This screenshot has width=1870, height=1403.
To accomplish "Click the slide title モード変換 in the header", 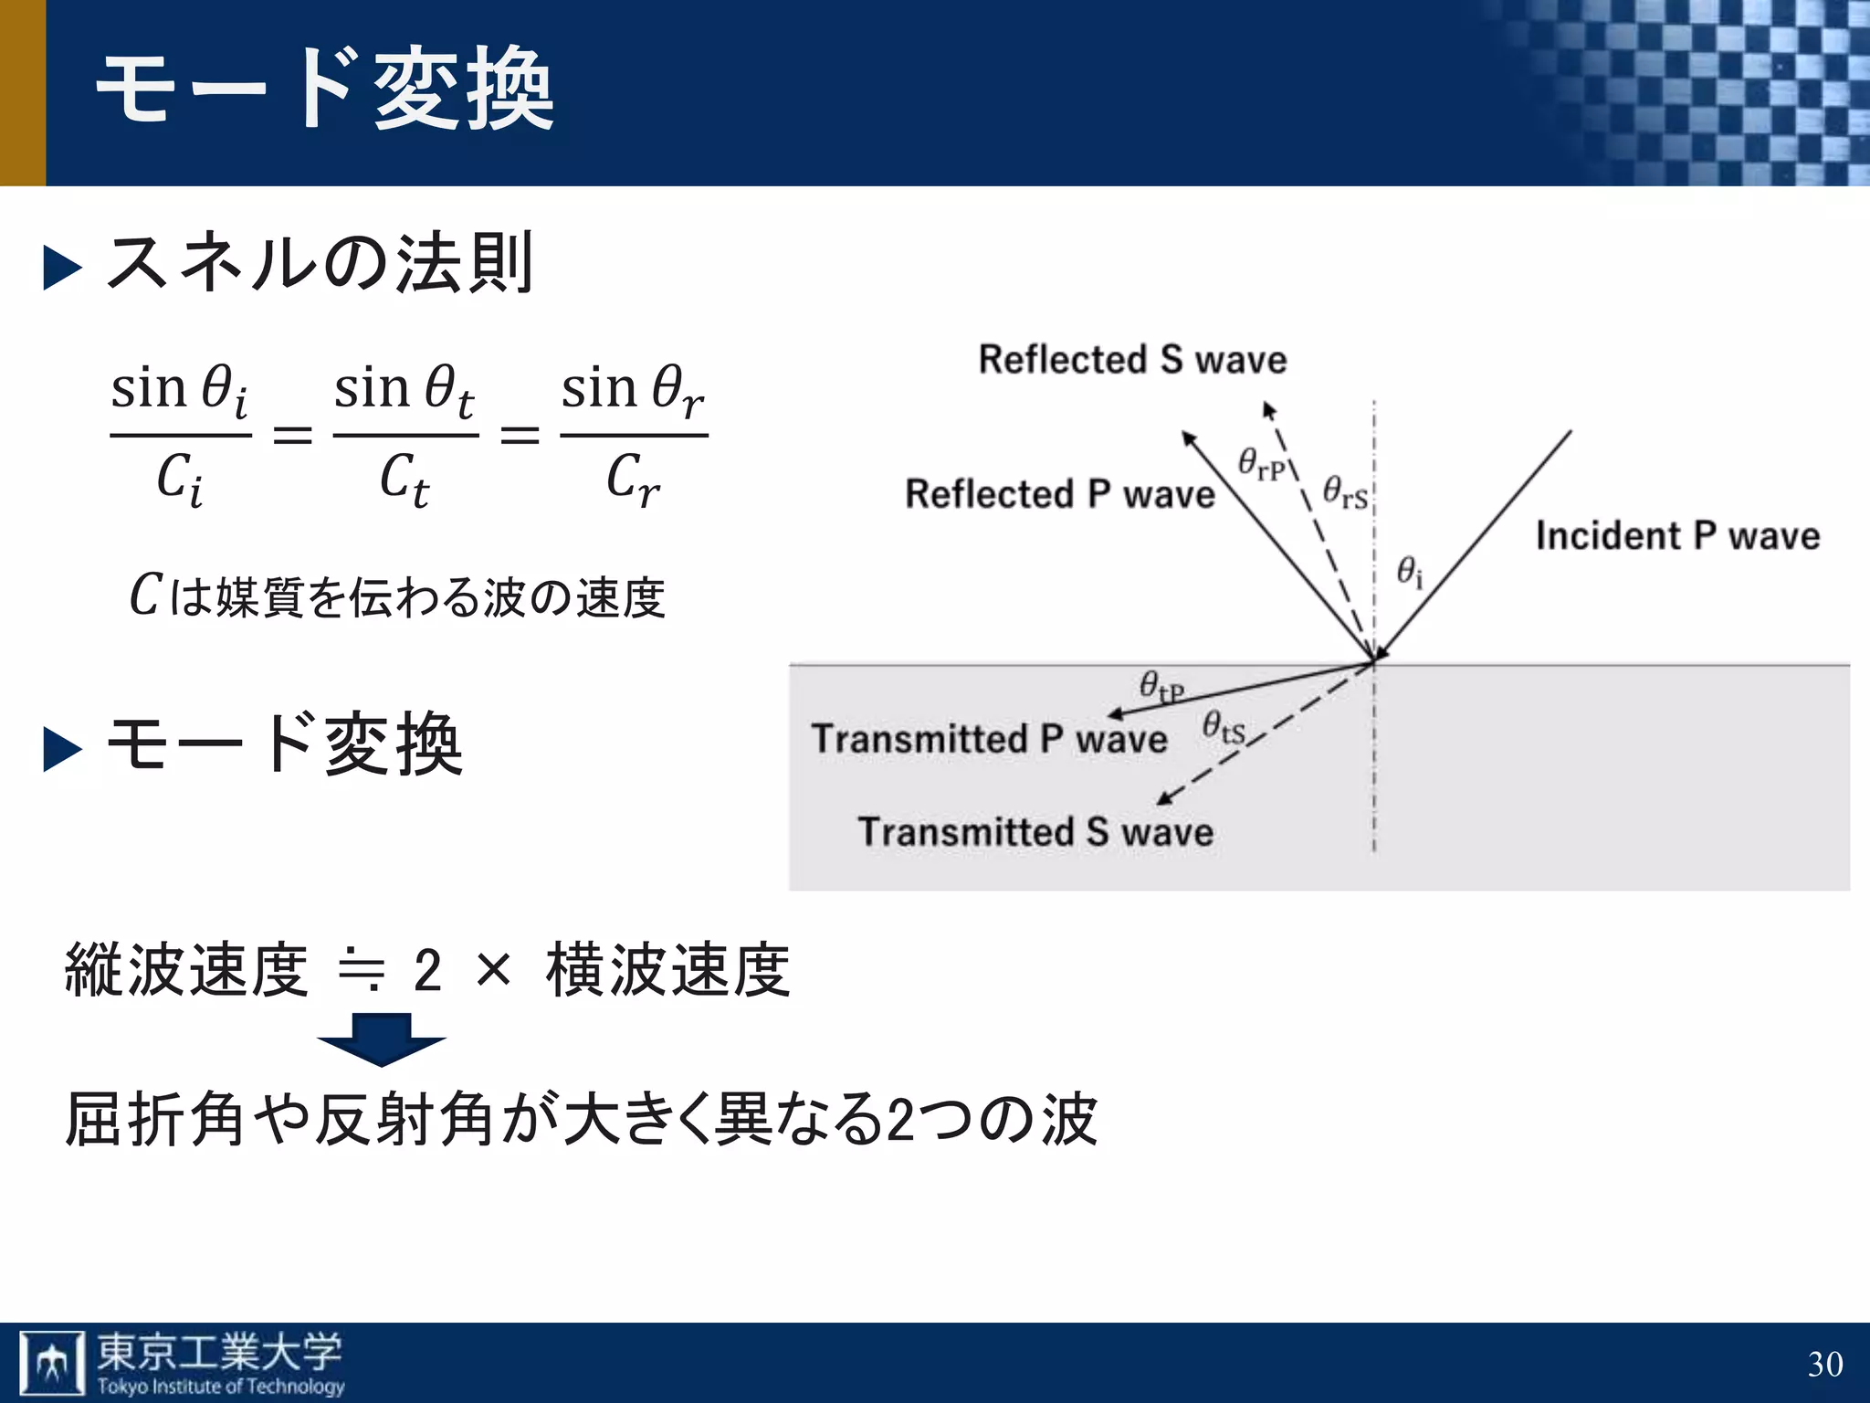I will coord(325,89).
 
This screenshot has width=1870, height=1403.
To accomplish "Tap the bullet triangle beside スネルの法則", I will coord(62,269).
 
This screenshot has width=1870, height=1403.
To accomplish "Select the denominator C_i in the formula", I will coord(179,478).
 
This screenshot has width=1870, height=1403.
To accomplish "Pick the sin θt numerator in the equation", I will coord(404,390).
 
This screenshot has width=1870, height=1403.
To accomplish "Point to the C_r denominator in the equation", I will coord(632,478).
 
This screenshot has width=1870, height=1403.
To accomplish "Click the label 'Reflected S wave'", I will coord(1132,360).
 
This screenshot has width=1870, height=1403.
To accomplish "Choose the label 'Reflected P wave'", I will coord(1059,494).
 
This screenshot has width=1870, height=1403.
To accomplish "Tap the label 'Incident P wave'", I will coord(1677,535).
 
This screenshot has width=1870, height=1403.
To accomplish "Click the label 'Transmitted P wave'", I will coord(989,739).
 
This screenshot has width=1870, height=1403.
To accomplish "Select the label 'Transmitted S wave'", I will coord(1035,832).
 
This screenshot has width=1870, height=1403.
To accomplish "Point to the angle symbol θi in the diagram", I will coord(1410,573).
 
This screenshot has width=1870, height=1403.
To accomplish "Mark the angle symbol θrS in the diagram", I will coord(1345,492).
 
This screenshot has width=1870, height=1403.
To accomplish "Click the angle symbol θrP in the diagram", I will coord(1261,463).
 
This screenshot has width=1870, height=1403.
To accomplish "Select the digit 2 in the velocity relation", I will coord(427,970).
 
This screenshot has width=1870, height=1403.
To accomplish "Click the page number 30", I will coord(1824,1364).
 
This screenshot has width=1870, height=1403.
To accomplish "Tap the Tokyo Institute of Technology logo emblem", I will coord(52,1364).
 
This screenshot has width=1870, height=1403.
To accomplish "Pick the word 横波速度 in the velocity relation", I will coord(667,970).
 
